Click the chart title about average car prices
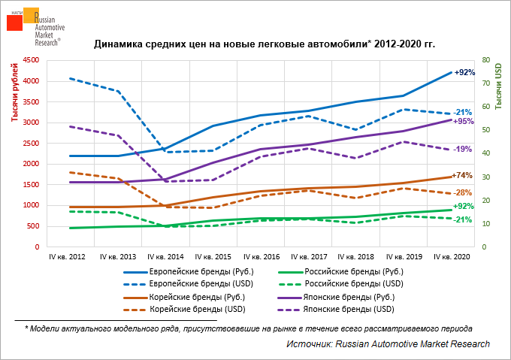265,44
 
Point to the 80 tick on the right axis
486,60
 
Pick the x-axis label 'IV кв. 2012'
67,257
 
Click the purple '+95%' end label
464,121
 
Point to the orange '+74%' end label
461,175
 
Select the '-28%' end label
462,192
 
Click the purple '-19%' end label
462,149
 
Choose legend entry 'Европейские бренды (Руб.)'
200,272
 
